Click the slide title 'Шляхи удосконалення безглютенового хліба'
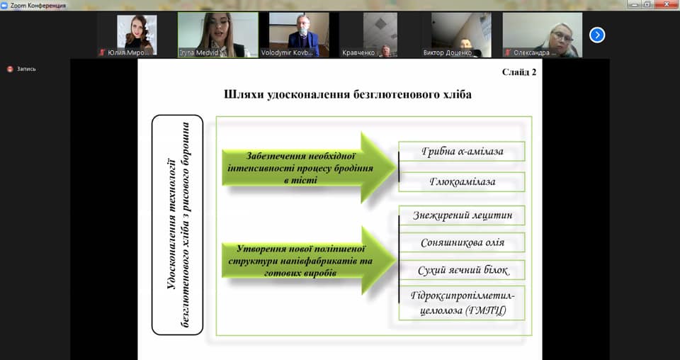coord(347,94)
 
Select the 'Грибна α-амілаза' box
coord(462,152)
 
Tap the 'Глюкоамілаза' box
coord(462,182)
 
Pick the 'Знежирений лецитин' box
coord(462,215)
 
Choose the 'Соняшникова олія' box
coord(462,242)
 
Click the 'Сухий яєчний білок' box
coord(462,271)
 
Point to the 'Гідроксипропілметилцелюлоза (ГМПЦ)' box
coord(462,303)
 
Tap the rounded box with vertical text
coord(177,225)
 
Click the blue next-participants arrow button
coord(597,34)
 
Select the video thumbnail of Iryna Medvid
coord(217,35)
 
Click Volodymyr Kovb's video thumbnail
coord(299,35)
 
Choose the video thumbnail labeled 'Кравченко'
coord(380,35)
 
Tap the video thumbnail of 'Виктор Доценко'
coord(462,35)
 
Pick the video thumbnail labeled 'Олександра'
coord(542,35)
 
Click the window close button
coord(669,4)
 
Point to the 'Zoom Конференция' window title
coord(38,5)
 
